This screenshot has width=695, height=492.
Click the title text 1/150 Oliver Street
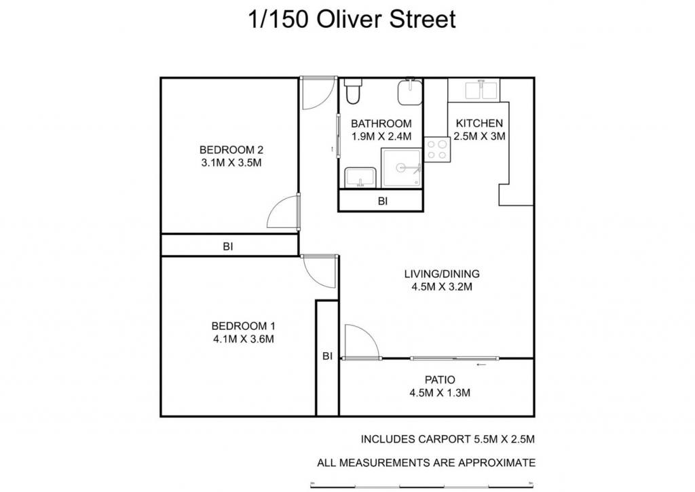[x=352, y=20]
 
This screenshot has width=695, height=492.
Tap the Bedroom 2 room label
[x=231, y=150]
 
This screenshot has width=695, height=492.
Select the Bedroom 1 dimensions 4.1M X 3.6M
[x=244, y=339]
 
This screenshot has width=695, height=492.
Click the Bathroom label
[x=381, y=124]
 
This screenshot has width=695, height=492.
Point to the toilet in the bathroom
[x=353, y=91]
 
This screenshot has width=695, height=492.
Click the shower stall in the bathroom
[x=401, y=168]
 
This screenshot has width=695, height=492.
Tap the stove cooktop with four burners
[x=438, y=149]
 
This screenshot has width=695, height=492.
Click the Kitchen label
[x=479, y=124]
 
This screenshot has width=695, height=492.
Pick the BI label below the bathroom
[x=383, y=202]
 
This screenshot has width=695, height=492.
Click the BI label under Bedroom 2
[x=228, y=246]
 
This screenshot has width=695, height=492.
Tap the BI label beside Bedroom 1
[x=327, y=356]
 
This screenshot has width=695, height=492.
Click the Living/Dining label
[x=441, y=274]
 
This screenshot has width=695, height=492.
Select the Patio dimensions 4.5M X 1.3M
[x=440, y=393]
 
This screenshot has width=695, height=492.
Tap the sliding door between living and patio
[x=454, y=358]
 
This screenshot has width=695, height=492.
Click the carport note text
[x=448, y=439]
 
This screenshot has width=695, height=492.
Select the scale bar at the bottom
[x=422, y=485]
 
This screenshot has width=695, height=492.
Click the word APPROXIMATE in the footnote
[x=496, y=463]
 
